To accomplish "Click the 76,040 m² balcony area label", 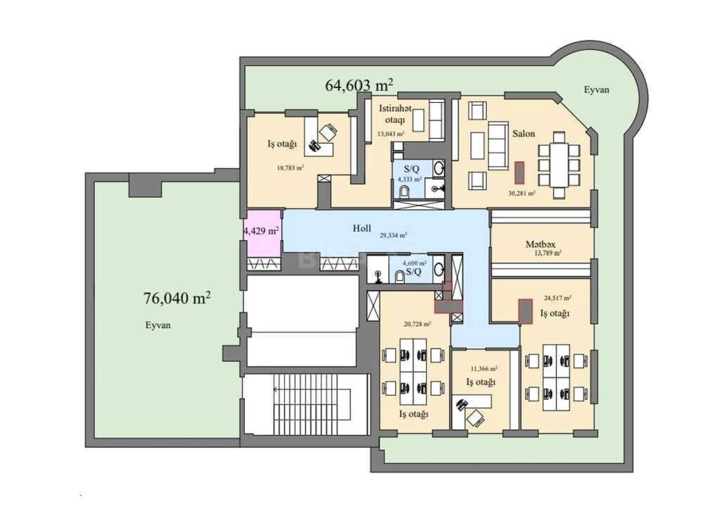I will click(x=177, y=298).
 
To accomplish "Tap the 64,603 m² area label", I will click(x=359, y=85).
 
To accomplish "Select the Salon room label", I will click(x=523, y=134).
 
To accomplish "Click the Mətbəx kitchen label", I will click(x=540, y=244).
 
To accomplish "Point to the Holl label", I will click(x=362, y=228).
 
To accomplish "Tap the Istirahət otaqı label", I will click(x=395, y=114).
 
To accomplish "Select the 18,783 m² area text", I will click(x=290, y=168).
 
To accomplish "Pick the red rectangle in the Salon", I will click(x=519, y=173).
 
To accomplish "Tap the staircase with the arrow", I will click(x=305, y=404).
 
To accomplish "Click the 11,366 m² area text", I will click(x=484, y=369).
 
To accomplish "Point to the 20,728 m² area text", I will click(x=417, y=324).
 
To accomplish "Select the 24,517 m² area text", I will click(x=557, y=298).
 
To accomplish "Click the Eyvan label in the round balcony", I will click(x=596, y=90).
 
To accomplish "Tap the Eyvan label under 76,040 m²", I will click(x=158, y=325).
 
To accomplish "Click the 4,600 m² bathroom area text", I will click(x=415, y=263).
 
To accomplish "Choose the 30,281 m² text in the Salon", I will click(x=522, y=193).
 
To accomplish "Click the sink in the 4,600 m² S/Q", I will click(x=439, y=270).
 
